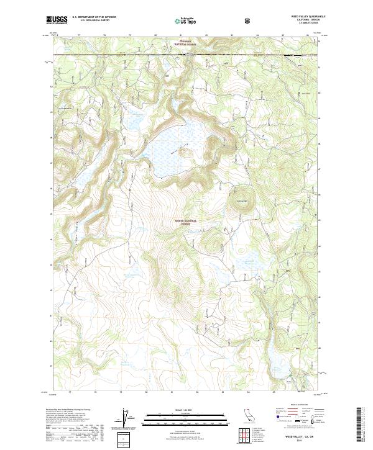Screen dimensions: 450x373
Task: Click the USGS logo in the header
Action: click(x=58, y=20)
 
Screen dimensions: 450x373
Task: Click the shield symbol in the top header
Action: click(x=249, y=20)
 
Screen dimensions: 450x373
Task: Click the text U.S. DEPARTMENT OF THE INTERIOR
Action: click(x=93, y=18)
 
